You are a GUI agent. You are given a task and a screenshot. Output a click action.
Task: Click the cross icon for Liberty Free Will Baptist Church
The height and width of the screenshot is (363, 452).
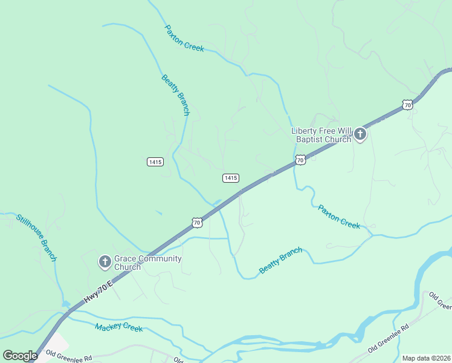click(x=360, y=134)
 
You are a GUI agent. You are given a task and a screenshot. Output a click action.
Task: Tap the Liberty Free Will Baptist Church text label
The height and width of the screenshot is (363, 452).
click(x=321, y=135)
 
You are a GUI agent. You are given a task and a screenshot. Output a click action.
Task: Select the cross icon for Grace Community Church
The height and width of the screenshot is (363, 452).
click(x=105, y=262)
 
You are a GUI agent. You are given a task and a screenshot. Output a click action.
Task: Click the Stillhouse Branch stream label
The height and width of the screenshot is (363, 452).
click(x=36, y=238)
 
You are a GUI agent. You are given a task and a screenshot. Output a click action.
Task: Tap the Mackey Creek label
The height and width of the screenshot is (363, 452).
click(x=118, y=328)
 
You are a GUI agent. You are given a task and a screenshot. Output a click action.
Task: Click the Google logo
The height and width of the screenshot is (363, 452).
click(x=20, y=355)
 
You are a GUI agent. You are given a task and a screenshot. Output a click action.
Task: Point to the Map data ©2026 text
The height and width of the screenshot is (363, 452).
click(x=426, y=358)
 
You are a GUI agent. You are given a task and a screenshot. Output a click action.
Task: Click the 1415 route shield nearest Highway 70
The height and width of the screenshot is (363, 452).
click(x=230, y=178)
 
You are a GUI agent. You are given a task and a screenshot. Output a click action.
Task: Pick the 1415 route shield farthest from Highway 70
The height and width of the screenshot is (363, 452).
click(x=155, y=162)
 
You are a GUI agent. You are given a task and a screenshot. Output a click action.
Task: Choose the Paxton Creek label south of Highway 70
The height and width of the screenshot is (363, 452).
click(x=339, y=217)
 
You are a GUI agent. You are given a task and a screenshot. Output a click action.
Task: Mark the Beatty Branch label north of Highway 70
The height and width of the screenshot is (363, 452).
click(x=175, y=95)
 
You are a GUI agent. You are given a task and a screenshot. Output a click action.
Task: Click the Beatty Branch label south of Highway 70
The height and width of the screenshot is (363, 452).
click(x=280, y=260)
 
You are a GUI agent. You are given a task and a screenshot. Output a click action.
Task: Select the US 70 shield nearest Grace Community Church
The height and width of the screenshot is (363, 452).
click(x=197, y=223)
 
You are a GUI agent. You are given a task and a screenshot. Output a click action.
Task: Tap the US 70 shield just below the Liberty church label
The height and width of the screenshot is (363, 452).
click(x=300, y=160)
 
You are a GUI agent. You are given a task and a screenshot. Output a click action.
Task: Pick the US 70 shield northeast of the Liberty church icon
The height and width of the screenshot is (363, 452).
click(x=407, y=105)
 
